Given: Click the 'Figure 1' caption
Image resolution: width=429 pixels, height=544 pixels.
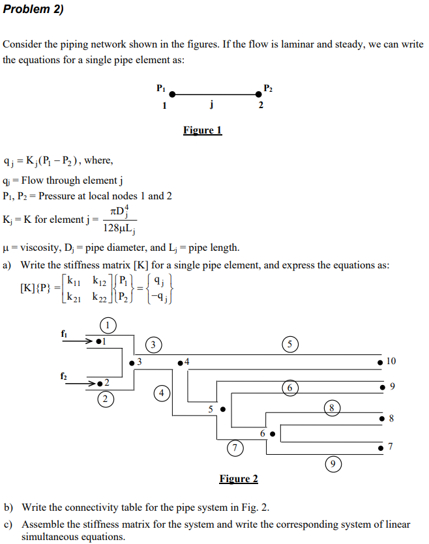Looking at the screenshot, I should (202, 130).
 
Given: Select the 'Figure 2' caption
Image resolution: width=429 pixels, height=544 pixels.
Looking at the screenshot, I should (238, 479).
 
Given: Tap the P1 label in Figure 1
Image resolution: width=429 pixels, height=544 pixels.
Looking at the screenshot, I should (162, 87).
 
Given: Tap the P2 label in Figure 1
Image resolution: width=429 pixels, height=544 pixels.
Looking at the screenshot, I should (268, 87).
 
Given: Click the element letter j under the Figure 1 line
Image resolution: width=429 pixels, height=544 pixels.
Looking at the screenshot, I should (213, 106).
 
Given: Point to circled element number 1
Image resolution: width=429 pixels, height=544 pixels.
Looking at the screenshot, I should (109, 324).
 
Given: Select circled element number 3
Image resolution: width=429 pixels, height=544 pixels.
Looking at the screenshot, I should (153, 343).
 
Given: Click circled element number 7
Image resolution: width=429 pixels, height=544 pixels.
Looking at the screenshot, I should (234, 447).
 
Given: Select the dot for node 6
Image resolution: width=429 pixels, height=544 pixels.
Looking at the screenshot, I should (273, 432).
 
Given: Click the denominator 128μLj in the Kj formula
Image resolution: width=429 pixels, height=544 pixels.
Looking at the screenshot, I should (119, 227).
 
